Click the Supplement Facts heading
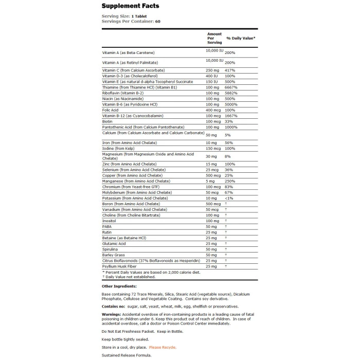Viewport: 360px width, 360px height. click(x=130, y=6)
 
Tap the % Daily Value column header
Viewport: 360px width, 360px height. click(x=241, y=38)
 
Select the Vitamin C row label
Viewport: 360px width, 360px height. click(x=133, y=70)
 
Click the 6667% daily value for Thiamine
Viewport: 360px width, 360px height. click(x=231, y=87)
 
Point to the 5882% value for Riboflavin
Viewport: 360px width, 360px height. click(x=231, y=93)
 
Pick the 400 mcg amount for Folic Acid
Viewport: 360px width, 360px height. click(x=214, y=110)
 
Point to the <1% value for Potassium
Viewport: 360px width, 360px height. click(x=229, y=198)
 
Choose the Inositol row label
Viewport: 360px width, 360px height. click(x=110, y=221)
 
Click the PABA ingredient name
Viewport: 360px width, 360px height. click(x=107, y=226)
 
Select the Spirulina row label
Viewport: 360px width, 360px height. click(x=111, y=249)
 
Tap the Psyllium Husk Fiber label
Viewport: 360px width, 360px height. click(x=121, y=266)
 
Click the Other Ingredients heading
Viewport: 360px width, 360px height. click(x=119, y=286)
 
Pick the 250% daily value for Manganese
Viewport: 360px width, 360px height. click(x=230, y=181)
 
